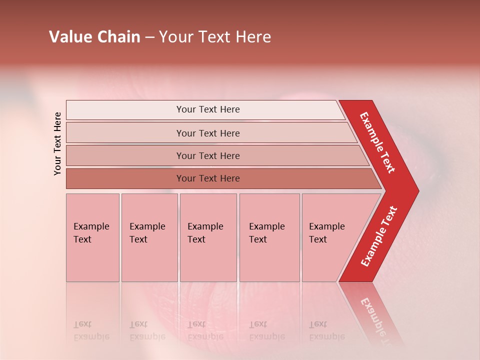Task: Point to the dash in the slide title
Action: pyautogui.click(x=149, y=37)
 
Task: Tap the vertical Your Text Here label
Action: pyautogui.click(x=57, y=143)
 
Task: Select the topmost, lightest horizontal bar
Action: pyautogui.click(x=208, y=109)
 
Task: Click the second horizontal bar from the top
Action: pyautogui.click(x=208, y=133)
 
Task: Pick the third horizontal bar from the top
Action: pyautogui.click(x=208, y=155)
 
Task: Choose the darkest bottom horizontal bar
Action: pyautogui.click(x=208, y=178)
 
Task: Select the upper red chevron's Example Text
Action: pyautogui.click(x=378, y=142)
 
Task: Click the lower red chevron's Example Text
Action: pyautogui.click(x=379, y=236)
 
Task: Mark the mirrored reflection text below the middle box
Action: pyautogui.click(x=205, y=330)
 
